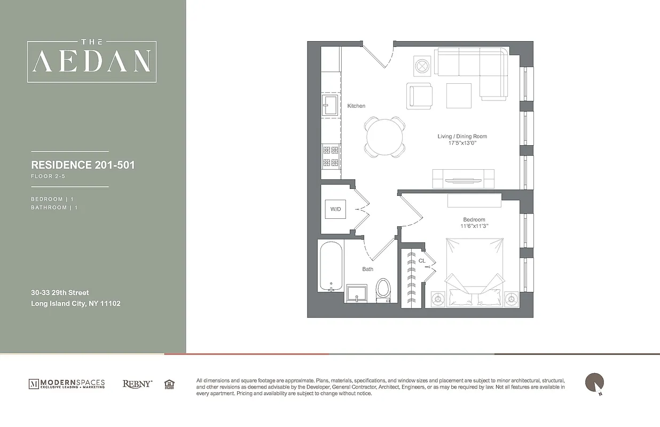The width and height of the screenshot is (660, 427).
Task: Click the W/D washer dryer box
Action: pos(335,209)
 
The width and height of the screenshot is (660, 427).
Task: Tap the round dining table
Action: pos(384,136)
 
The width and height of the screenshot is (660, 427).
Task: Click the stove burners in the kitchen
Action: pos(330,156)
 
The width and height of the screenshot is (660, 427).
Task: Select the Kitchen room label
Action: pos(356,106)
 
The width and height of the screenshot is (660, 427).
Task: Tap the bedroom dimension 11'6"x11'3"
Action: pos(474,226)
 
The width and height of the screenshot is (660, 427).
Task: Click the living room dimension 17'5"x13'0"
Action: pos(462,143)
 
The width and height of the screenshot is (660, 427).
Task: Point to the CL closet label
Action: pos(422,261)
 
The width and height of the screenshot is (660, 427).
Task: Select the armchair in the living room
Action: pos(419,96)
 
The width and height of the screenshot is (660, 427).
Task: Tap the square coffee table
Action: pos(459,96)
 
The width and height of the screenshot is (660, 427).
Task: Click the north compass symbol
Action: pos(594,383)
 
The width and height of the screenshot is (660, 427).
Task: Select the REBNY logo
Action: pos(137,384)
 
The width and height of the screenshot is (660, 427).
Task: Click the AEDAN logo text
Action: pos(92,61)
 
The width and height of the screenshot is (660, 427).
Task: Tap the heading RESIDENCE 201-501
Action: pos(83,165)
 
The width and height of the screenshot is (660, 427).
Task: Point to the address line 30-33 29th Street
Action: pos(60,292)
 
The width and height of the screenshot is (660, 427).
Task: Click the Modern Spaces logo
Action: pos(67,384)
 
